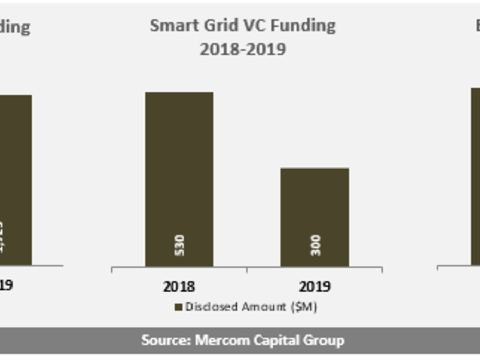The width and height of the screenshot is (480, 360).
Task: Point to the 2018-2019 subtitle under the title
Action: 243,49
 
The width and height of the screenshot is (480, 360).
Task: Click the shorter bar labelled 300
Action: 315,209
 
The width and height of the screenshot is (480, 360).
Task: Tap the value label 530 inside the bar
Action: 179,245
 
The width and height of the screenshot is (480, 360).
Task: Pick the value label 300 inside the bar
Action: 316,245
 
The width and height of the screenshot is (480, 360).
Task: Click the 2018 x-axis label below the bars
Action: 179,286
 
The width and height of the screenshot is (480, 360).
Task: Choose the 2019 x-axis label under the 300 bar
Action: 315,286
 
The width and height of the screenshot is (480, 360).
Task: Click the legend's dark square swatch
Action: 178,307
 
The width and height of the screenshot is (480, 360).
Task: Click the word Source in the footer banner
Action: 165,340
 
